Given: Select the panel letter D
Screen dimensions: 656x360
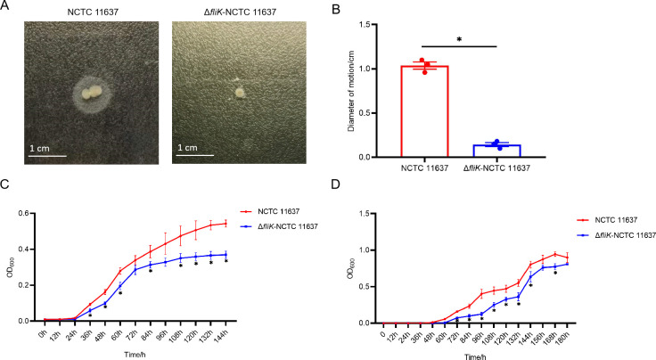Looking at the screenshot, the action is click(336, 184).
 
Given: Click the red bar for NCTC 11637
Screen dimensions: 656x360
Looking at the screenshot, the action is click(424, 111).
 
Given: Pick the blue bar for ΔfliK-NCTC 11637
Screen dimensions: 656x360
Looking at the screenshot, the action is click(496, 151).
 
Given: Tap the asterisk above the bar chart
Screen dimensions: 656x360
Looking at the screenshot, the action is click(459, 40).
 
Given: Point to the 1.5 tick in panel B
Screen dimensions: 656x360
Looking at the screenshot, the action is click(366, 25).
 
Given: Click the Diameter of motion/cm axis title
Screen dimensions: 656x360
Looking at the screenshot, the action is click(352, 91).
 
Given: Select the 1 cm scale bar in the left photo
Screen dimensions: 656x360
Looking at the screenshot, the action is click(47, 156).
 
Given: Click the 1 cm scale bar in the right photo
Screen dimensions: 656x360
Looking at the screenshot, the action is click(194, 156).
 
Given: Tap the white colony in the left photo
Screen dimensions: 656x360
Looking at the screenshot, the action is click(91, 93).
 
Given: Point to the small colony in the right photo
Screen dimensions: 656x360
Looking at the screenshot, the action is click(240, 93).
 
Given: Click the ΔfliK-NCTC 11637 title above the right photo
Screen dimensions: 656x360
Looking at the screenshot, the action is click(240, 12).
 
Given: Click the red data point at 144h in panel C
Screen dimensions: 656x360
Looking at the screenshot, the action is click(225, 224).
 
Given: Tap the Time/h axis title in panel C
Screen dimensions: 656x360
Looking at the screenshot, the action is click(135, 355).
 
